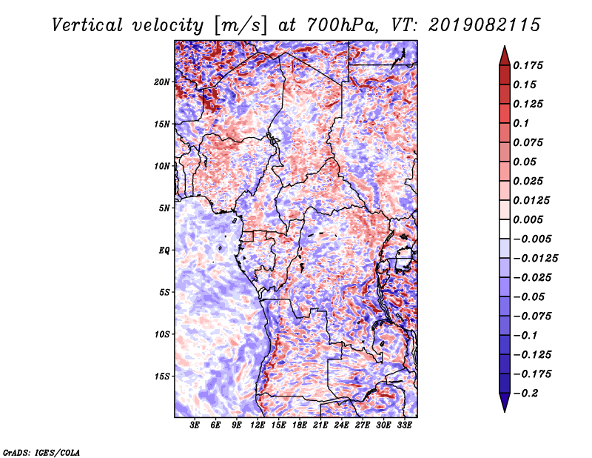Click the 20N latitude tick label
pyautogui.click(x=162, y=82)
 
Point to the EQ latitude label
pyautogui.click(x=164, y=250)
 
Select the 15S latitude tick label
pyautogui.click(x=162, y=376)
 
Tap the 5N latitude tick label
pyautogui.click(x=164, y=208)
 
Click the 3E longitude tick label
pyautogui.click(x=195, y=425)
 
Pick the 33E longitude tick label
pyautogui.click(x=404, y=425)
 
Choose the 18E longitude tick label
pyautogui.click(x=300, y=425)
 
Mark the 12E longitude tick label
pyautogui.click(x=258, y=425)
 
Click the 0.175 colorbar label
pyautogui.click(x=528, y=65)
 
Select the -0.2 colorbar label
pyautogui.click(x=525, y=394)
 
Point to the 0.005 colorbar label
pyautogui.click(x=528, y=219)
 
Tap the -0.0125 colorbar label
pyautogui.click(x=535, y=259)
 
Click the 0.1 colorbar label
pyautogui.click(x=521, y=123)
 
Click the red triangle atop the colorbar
pyautogui.click(x=505, y=56)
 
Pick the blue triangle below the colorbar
pyautogui.click(x=505, y=402)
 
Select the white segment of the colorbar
pyautogui.click(x=505, y=229)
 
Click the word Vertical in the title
pyautogui.click(x=87, y=25)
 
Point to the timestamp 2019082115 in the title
pyautogui.click(x=485, y=25)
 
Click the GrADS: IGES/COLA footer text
pyautogui.click(x=41, y=453)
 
